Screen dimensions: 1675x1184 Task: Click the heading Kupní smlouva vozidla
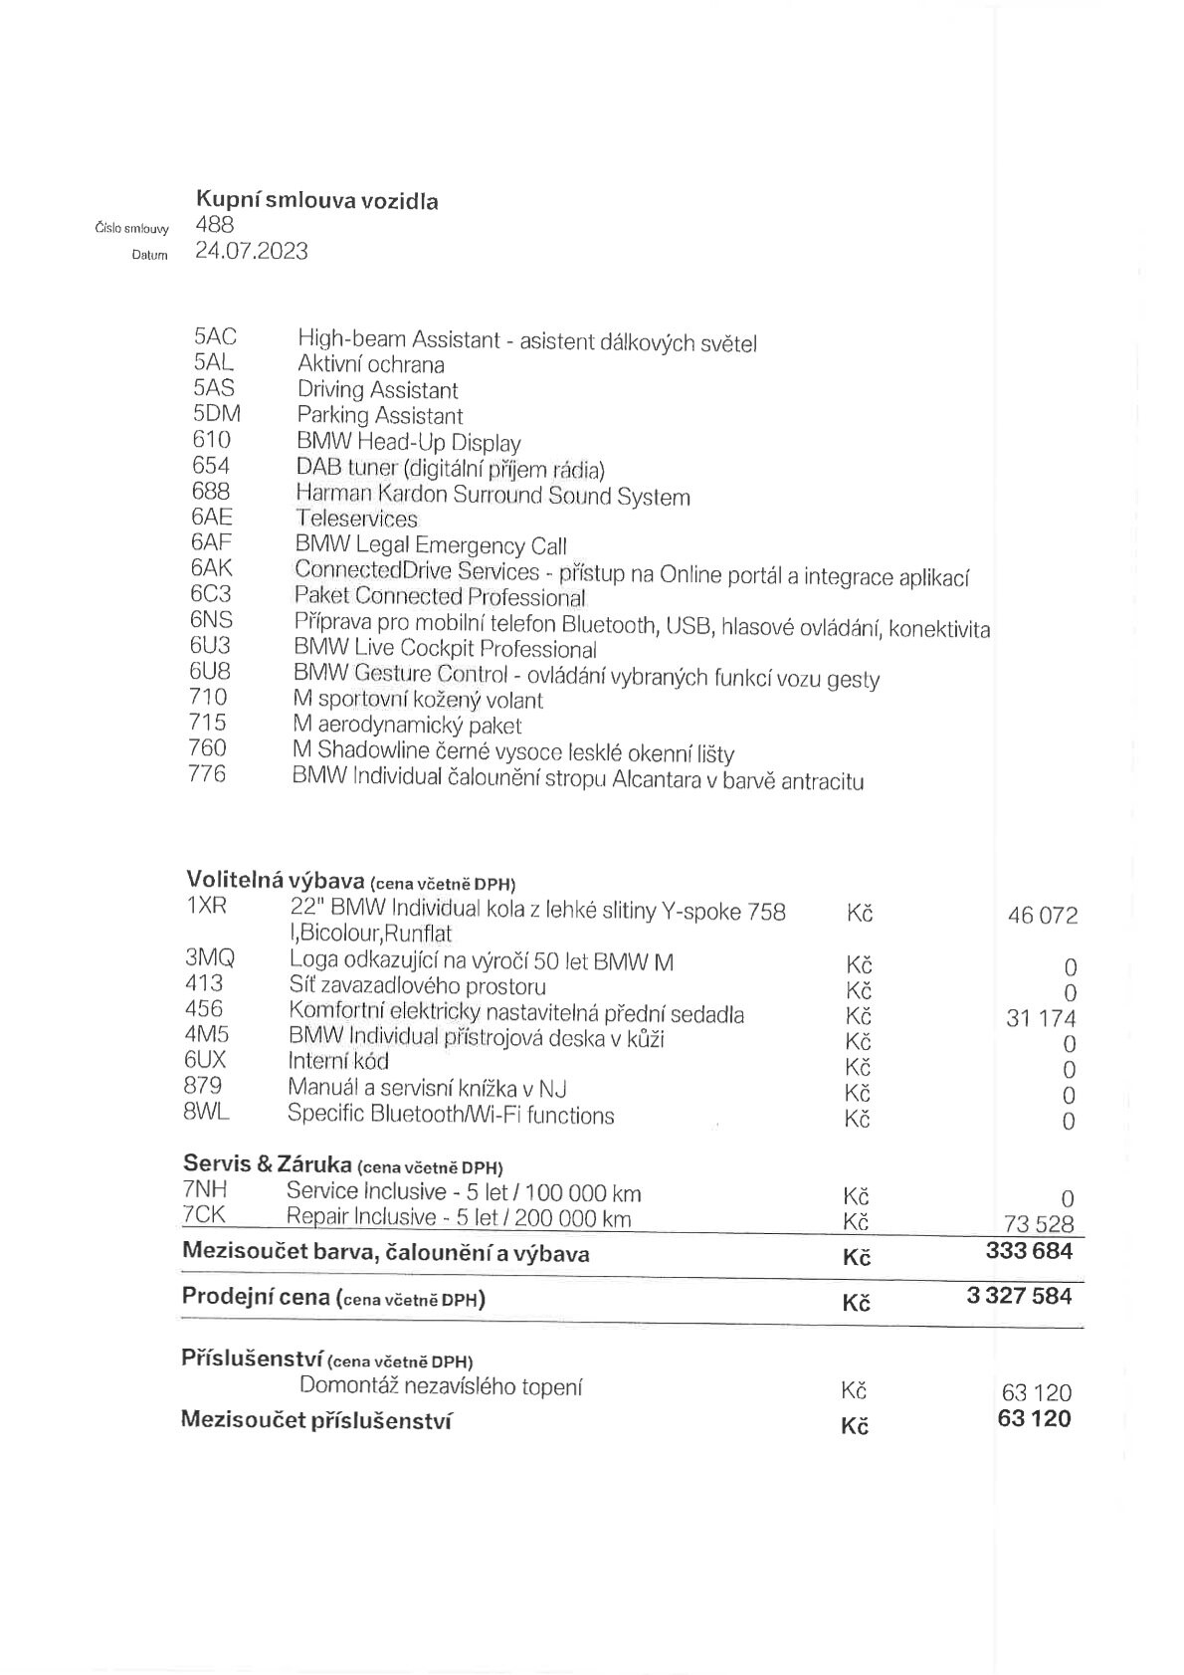point(316,200)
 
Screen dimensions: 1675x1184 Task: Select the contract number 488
point(215,225)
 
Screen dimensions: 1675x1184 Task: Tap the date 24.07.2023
point(252,251)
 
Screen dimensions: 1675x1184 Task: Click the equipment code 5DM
point(217,414)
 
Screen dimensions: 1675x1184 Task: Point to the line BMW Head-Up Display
point(408,442)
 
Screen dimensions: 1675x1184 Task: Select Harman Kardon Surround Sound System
point(493,495)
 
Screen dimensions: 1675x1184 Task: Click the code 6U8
point(210,672)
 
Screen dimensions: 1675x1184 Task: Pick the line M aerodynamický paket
point(407,725)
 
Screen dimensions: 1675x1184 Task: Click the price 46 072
point(1042,916)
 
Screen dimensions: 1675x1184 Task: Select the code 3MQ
point(210,958)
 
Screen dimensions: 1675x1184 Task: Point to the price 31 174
point(1041,1019)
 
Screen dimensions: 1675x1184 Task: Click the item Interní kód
point(338,1061)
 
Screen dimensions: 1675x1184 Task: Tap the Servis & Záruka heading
point(267,1163)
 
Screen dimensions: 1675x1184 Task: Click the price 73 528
point(1040,1224)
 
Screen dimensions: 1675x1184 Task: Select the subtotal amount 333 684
point(1029,1251)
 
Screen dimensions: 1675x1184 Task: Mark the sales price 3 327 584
point(1019,1296)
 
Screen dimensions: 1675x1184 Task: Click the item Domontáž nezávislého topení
point(441,1386)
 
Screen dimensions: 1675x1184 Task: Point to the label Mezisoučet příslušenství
point(316,1420)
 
